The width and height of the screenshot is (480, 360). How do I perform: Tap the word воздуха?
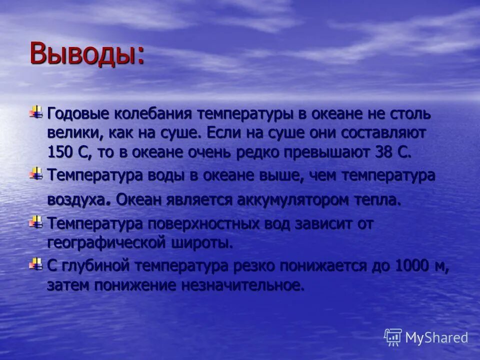pyautogui.click(x=78, y=200)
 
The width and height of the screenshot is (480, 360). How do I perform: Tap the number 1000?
pyautogui.click(x=413, y=266)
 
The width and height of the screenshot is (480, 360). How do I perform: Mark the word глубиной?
pyautogui.click(x=95, y=266)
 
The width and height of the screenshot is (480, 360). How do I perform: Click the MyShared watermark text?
pyautogui.click(x=436, y=337)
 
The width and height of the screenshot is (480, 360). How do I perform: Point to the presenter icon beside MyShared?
pyautogui.click(x=393, y=336)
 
